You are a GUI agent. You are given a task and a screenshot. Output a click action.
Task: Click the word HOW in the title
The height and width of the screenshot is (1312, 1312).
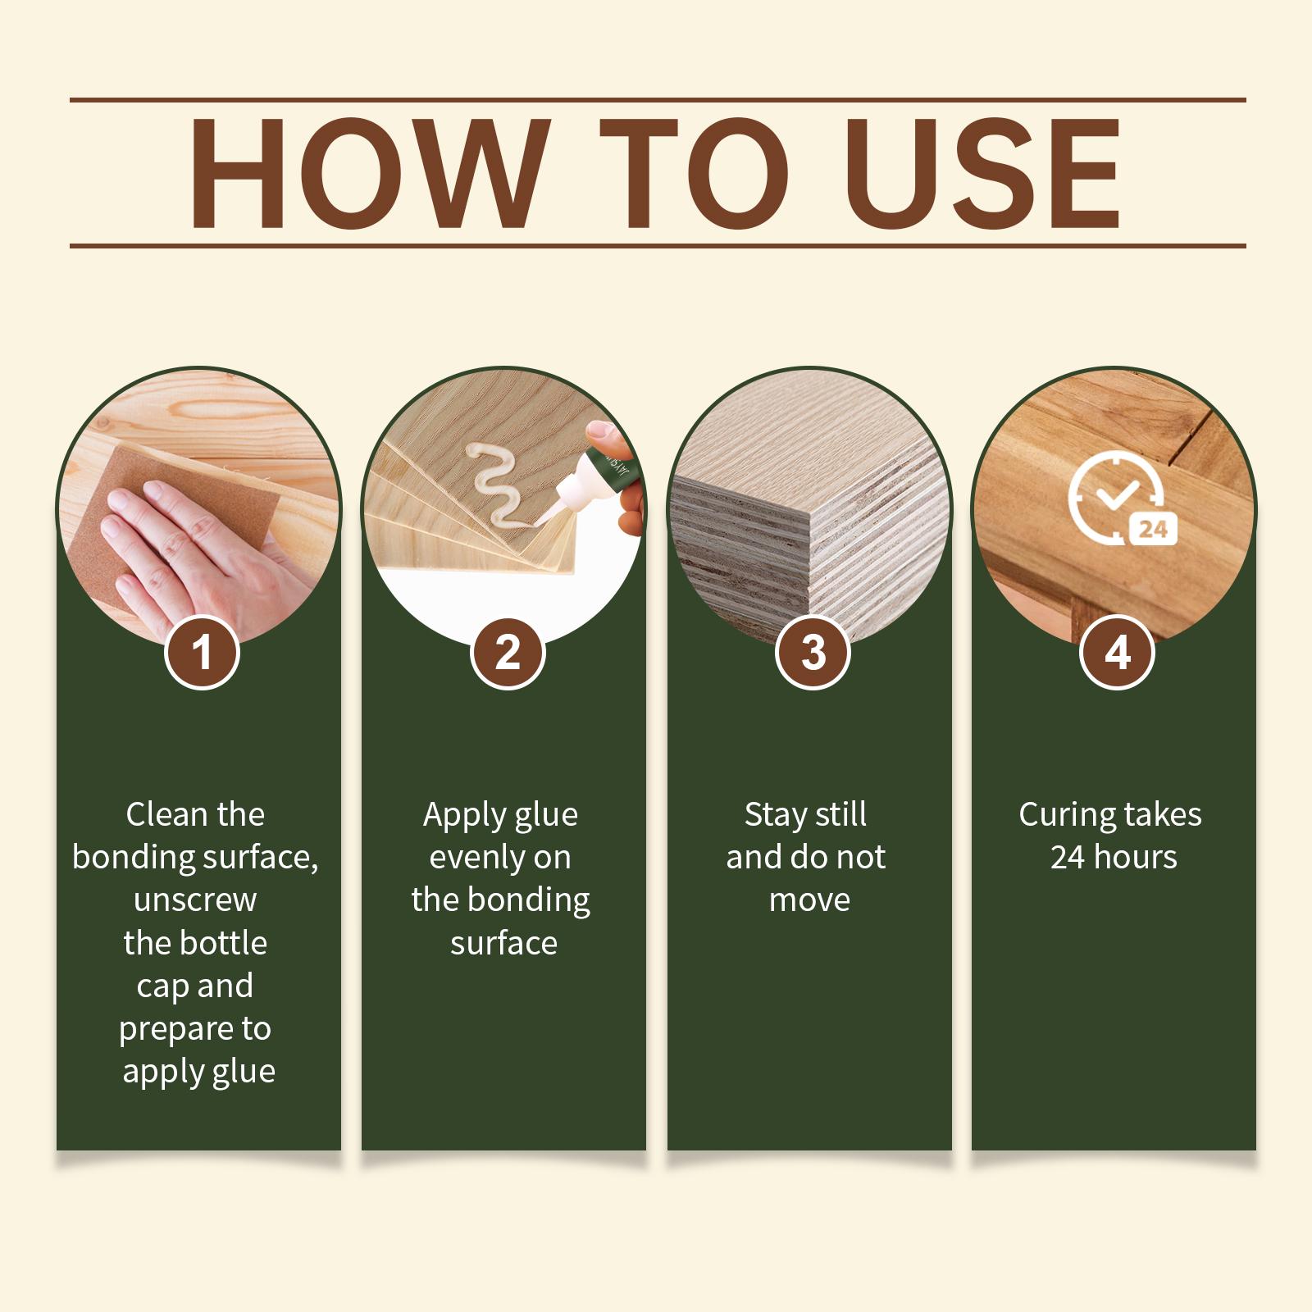coord(367,173)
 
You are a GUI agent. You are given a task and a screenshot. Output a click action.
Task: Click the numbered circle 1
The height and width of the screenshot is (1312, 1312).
coord(202,653)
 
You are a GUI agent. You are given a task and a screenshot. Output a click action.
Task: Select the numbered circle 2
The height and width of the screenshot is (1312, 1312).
coord(508,653)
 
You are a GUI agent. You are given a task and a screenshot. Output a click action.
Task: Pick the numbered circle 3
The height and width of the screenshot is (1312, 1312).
coord(813,653)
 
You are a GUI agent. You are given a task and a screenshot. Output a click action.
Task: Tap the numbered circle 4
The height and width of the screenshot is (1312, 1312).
coord(1118,653)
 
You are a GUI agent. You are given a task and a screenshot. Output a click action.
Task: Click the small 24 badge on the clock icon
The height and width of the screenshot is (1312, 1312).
coord(1154,529)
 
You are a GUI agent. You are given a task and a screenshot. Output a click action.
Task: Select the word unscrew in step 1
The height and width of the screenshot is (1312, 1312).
coord(195,900)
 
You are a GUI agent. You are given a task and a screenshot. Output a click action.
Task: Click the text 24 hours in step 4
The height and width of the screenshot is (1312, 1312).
coord(1114,858)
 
